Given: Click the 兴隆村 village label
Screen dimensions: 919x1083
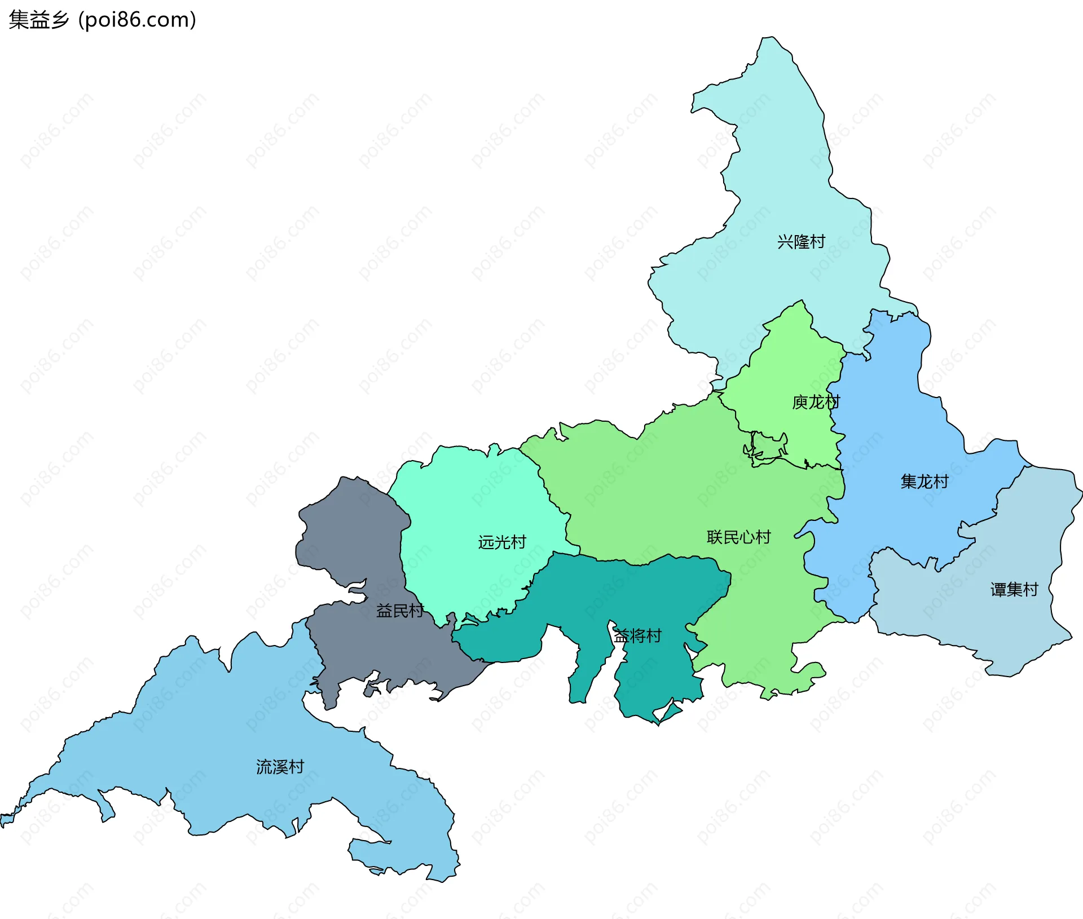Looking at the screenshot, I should click(x=801, y=242).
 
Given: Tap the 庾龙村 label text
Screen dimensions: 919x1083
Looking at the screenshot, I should click(x=816, y=402).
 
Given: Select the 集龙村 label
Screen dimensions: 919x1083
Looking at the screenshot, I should click(x=924, y=481).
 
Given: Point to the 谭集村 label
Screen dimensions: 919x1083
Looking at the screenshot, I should click(x=1014, y=590).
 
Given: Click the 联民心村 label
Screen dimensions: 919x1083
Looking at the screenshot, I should click(x=738, y=537).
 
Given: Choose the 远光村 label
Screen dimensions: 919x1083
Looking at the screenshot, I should click(x=502, y=542).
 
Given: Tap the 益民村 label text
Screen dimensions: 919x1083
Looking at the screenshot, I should click(x=399, y=610).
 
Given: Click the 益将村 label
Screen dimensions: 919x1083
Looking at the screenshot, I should click(x=637, y=636).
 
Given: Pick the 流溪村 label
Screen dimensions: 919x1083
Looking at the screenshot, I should click(x=280, y=767).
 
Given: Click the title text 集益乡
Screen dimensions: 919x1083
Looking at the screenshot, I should click(x=38, y=20).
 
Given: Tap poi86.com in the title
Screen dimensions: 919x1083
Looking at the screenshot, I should click(x=137, y=20).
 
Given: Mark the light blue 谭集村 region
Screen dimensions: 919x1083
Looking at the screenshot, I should click(x=970, y=620).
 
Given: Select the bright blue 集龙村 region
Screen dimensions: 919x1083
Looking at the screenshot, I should click(x=891, y=428).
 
